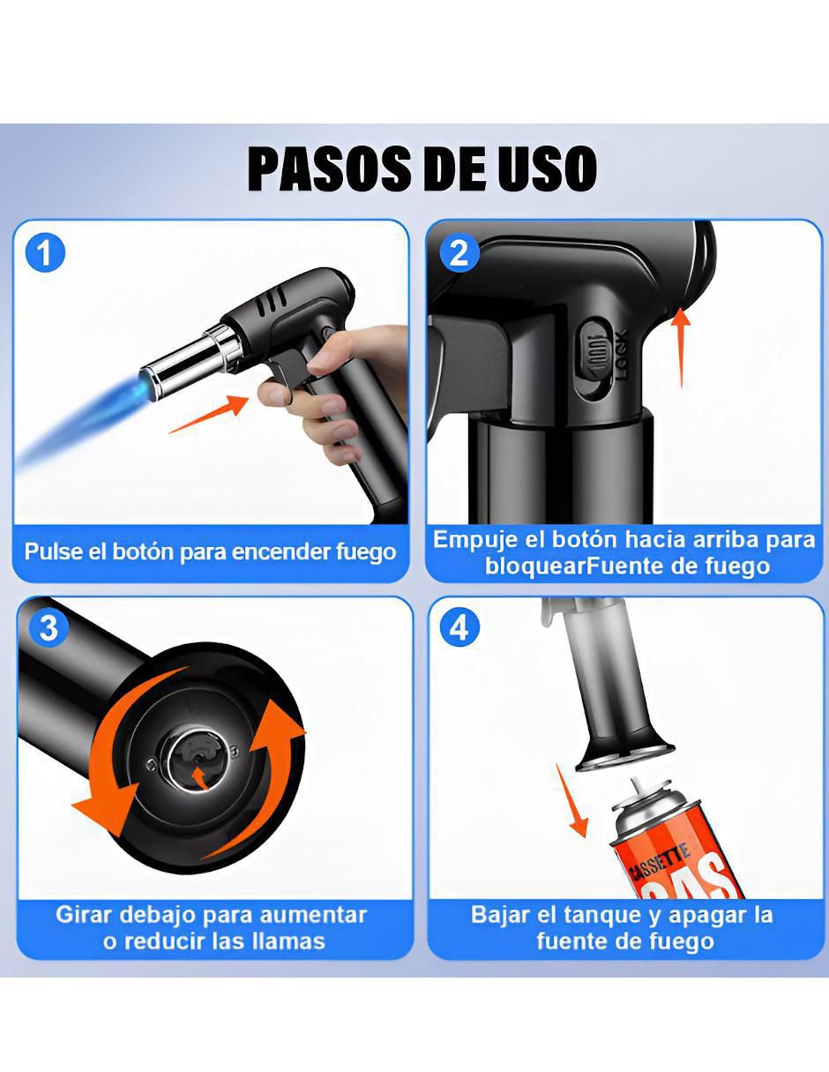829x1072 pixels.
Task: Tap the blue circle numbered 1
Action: pos(45,252)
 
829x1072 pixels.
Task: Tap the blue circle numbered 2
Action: pos(459,253)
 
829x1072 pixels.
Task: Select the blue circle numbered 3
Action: pos(49,628)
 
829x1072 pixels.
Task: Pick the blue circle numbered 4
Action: pos(459,628)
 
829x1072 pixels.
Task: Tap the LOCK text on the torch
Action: pos(622,354)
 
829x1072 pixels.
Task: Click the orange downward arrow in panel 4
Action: pos(571,800)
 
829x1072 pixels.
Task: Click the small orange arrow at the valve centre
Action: pos(199,778)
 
